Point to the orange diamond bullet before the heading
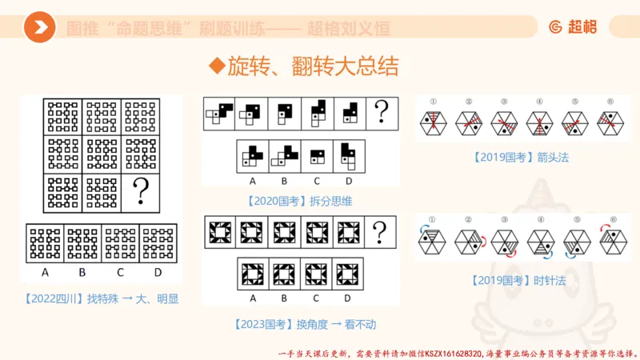(214, 66)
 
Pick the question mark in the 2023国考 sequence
(381, 233)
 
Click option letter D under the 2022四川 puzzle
(158, 271)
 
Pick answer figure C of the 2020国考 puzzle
(317, 154)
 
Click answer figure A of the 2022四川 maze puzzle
(45, 243)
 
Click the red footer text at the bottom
(457, 352)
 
